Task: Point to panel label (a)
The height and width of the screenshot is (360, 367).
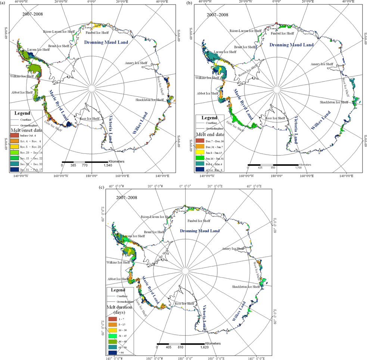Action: point(3,3)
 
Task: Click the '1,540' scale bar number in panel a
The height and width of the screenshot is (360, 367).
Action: point(108,165)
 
